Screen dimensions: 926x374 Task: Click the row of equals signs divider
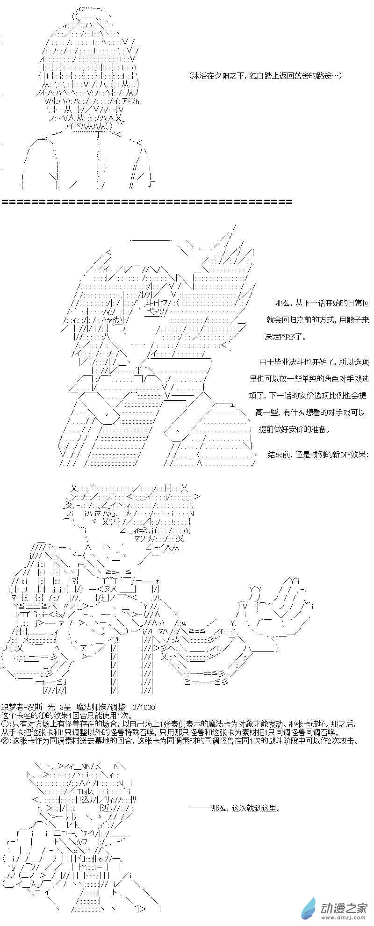(x=147, y=202)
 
